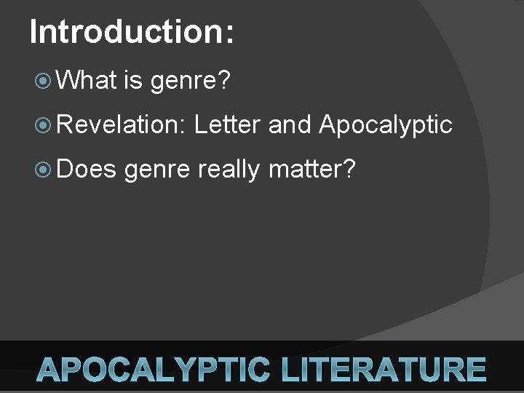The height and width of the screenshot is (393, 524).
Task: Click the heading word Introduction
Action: (126, 32)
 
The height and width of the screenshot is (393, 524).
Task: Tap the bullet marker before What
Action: (43, 81)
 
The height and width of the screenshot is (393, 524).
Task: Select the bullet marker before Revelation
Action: (43, 125)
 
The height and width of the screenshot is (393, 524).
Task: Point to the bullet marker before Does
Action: (43, 170)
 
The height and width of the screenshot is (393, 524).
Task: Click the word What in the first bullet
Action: (87, 80)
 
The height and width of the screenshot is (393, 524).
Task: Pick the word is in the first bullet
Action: (132, 80)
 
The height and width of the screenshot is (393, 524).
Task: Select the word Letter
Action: (226, 124)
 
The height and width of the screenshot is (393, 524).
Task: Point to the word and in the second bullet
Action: (290, 124)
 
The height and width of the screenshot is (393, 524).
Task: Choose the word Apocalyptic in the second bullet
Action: (385, 127)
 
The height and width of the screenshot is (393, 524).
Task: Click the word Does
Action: (86, 169)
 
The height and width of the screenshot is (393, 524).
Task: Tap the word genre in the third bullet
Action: (157, 172)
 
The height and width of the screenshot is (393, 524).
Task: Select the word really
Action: (229, 171)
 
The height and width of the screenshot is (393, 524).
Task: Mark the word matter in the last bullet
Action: (306, 170)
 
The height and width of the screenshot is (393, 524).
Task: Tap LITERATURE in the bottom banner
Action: (384, 370)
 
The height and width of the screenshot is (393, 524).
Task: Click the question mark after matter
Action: (349, 169)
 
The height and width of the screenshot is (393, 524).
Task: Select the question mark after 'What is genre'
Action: (225, 80)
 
